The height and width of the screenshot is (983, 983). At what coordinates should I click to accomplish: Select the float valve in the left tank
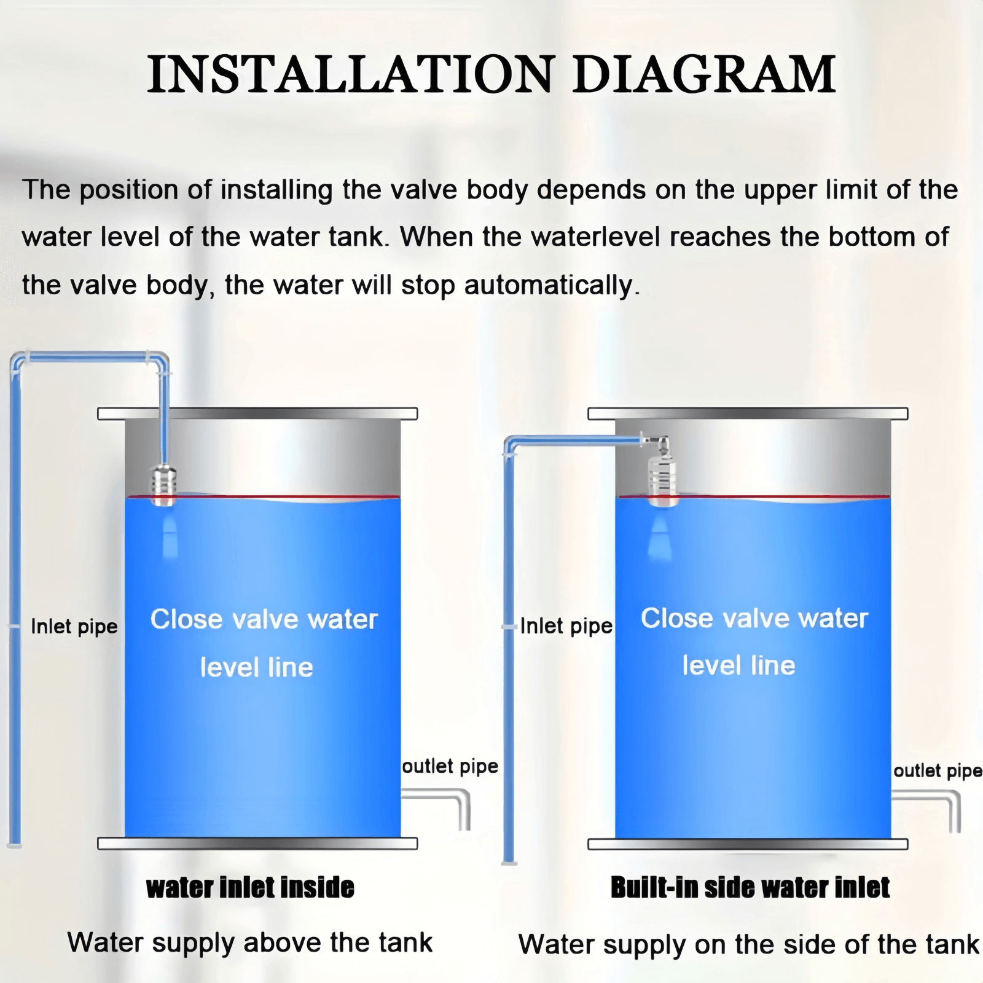pos(164,485)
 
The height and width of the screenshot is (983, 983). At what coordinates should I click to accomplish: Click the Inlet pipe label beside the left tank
pos(74,627)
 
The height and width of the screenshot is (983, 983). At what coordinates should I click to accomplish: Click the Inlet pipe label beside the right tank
pos(566,626)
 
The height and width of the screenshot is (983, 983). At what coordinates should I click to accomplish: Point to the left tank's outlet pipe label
pos(450,766)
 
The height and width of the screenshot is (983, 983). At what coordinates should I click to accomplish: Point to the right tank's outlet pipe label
pos(938,770)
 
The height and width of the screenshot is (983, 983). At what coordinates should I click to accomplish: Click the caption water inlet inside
pos(250,888)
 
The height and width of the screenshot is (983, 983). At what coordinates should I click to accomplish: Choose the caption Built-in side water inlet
pos(750,888)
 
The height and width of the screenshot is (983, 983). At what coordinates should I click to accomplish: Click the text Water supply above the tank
pos(250,942)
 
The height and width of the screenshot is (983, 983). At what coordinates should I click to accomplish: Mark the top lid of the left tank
pos(257,413)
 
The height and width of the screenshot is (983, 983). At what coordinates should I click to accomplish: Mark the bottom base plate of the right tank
pos(748,844)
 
